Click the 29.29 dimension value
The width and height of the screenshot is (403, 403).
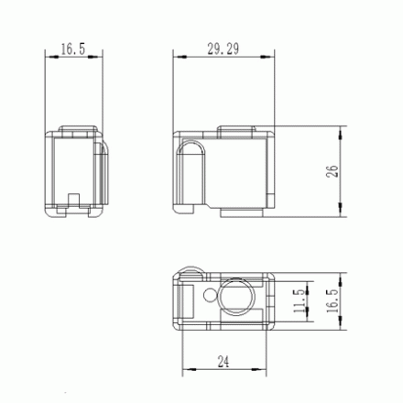[x=223, y=49]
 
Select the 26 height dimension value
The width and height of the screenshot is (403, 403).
[x=332, y=171]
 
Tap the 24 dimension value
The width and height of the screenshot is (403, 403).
[x=223, y=362]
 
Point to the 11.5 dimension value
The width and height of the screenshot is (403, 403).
[x=300, y=301]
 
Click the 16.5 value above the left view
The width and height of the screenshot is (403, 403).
[x=73, y=49]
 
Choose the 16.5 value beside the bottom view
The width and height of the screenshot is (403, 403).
[x=332, y=301]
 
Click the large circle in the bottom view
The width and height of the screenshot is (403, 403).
[x=237, y=297]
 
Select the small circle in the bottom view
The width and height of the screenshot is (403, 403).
[x=210, y=295]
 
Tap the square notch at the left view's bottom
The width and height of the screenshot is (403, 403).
[x=73, y=201]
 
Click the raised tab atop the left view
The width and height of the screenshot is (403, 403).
[x=78, y=129]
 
